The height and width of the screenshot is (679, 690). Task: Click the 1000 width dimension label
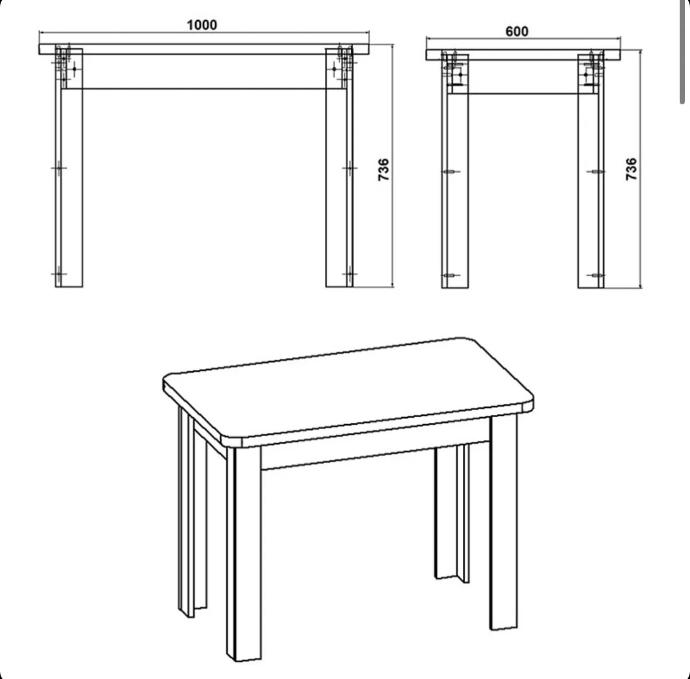202,25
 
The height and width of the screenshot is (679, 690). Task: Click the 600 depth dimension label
517,32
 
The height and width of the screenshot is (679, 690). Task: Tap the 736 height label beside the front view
384,170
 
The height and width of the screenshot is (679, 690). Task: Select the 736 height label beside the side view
631,169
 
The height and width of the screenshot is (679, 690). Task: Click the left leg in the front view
69,168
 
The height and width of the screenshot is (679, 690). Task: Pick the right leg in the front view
339,168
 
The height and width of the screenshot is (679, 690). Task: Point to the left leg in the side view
455,171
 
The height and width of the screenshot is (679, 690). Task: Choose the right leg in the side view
591,171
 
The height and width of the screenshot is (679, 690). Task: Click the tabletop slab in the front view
204,49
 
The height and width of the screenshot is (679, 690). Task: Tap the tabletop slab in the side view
523,55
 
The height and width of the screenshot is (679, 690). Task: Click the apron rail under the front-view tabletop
204,72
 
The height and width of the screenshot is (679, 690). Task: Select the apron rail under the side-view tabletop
523,77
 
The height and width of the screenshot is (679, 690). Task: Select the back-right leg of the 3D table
452,513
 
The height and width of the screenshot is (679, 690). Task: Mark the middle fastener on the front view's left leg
59,168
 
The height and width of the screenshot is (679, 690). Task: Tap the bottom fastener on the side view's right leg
596,275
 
